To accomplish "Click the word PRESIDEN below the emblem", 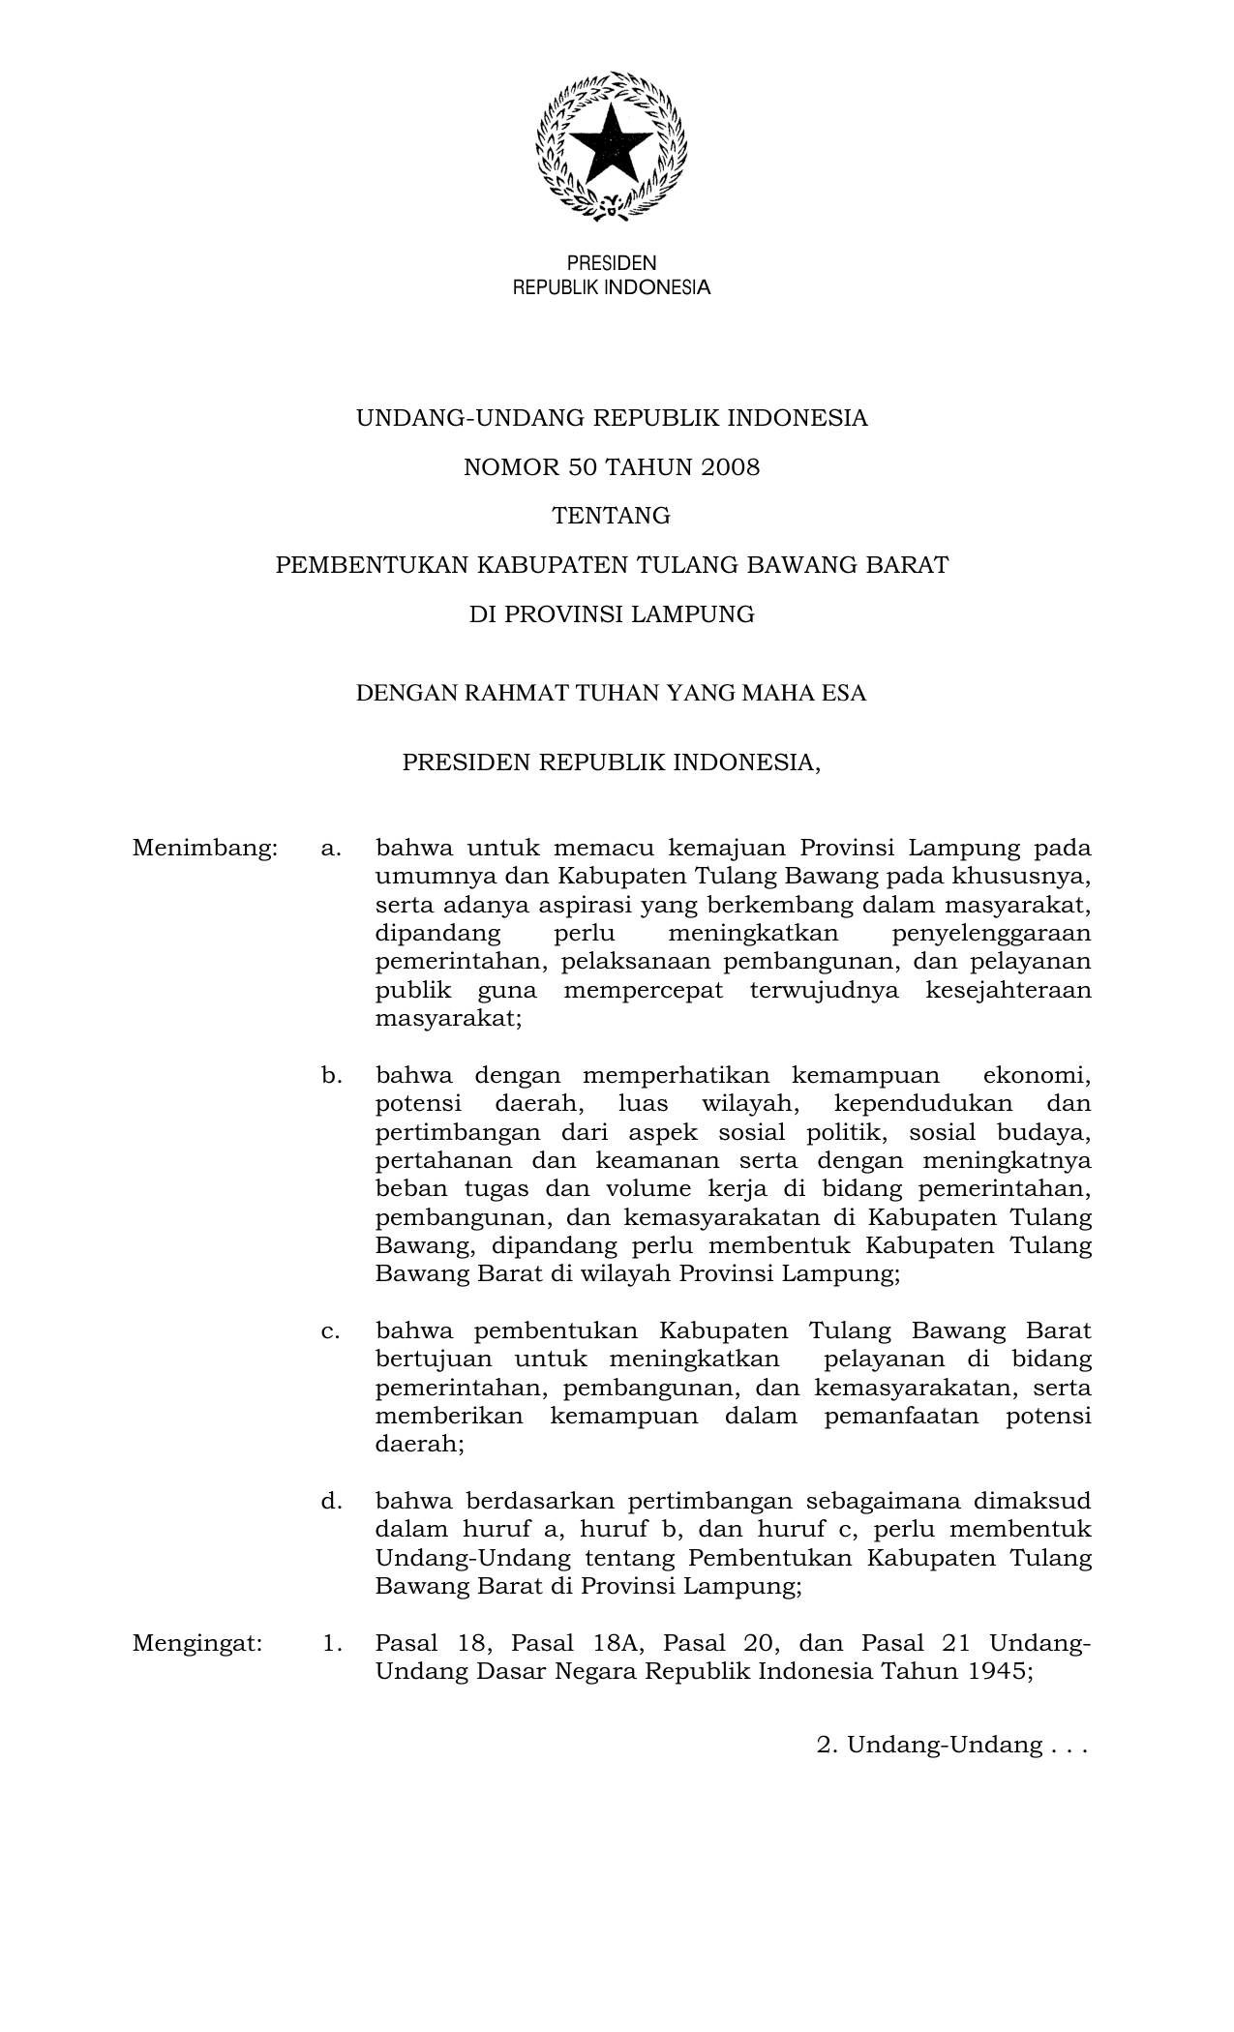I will pyautogui.click(x=611, y=263).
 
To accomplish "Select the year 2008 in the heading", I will pyautogui.click(x=732, y=467).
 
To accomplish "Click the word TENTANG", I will pyautogui.click(x=611, y=516).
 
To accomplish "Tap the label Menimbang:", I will pyautogui.click(x=205, y=849).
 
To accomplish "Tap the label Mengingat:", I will pyautogui.click(x=197, y=1643).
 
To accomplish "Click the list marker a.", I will pyautogui.click(x=331, y=849).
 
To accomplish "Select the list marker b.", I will pyautogui.click(x=331, y=1075).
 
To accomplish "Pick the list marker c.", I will pyautogui.click(x=331, y=1330).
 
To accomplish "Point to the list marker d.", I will pyautogui.click(x=331, y=1501).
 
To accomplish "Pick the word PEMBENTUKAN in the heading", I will pyautogui.click(x=369, y=565).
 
